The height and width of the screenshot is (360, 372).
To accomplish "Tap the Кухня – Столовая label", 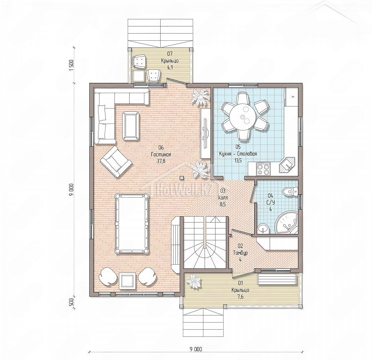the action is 238,154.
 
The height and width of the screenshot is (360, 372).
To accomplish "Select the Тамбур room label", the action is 240,253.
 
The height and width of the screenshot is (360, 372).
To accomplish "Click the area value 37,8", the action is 161,161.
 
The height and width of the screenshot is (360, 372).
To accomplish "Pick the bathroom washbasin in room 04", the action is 263,229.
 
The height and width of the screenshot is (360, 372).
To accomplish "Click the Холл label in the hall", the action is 223,197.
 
